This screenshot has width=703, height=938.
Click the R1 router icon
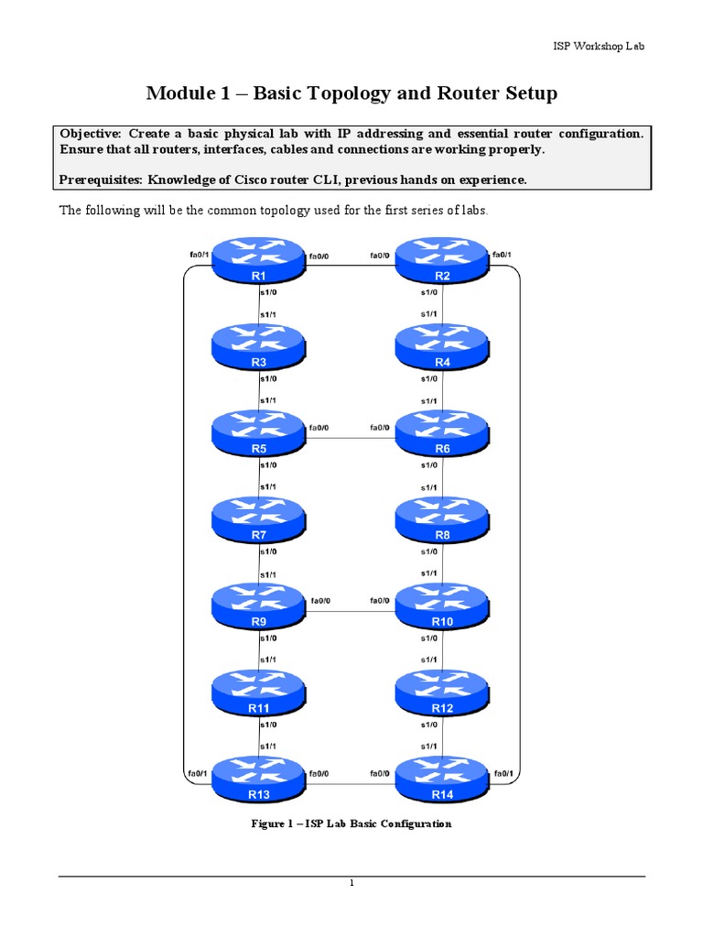pos(258,261)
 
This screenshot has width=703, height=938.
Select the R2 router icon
pos(442,261)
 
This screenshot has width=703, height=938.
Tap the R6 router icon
pos(442,433)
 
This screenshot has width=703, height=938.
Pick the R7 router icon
pos(258,519)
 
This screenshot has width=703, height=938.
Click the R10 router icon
pos(442,605)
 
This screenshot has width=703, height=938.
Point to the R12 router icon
pos(442,693)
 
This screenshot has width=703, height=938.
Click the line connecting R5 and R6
pos(350,437)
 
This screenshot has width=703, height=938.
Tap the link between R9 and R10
pos(350,610)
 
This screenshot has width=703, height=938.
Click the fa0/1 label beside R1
pos(196,254)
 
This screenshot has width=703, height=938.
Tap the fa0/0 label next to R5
pos(319,427)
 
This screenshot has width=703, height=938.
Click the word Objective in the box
pos(92,133)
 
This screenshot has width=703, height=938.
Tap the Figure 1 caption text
pos(351,823)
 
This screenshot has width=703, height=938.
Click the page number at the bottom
pos(351,883)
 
